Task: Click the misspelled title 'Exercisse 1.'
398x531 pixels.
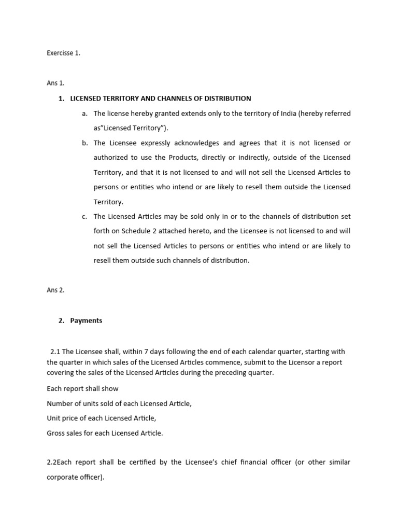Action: [63, 53]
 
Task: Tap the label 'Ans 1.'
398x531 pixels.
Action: [55, 83]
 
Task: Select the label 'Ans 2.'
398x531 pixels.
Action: [55, 290]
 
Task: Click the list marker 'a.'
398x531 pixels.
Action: [84, 114]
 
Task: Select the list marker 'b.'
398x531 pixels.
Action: [84, 143]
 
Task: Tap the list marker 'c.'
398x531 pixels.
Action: [84, 216]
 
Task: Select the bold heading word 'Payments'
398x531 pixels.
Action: [86, 320]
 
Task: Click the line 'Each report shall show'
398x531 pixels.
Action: [82, 388]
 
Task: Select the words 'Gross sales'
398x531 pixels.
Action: [65, 433]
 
